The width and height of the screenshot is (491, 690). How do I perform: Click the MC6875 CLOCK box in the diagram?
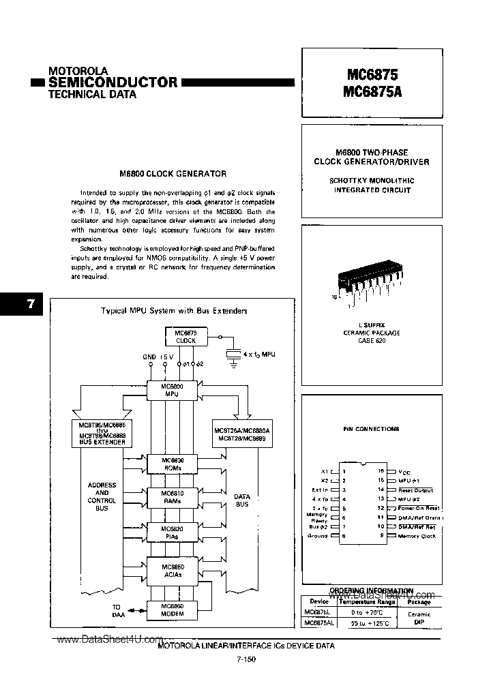[x=185, y=336]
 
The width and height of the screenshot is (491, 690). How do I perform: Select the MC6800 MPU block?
[x=170, y=390]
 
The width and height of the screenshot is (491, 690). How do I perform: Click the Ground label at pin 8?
[x=318, y=536]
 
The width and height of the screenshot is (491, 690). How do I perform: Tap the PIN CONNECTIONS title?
[x=371, y=429]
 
